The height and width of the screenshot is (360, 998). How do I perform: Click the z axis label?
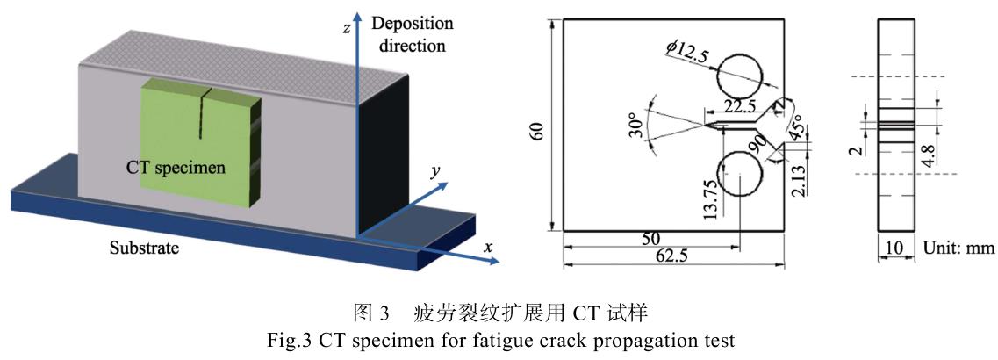point(348,29)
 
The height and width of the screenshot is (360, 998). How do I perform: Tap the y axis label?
point(434,173)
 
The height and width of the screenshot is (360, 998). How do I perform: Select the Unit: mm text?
point(958,248)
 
